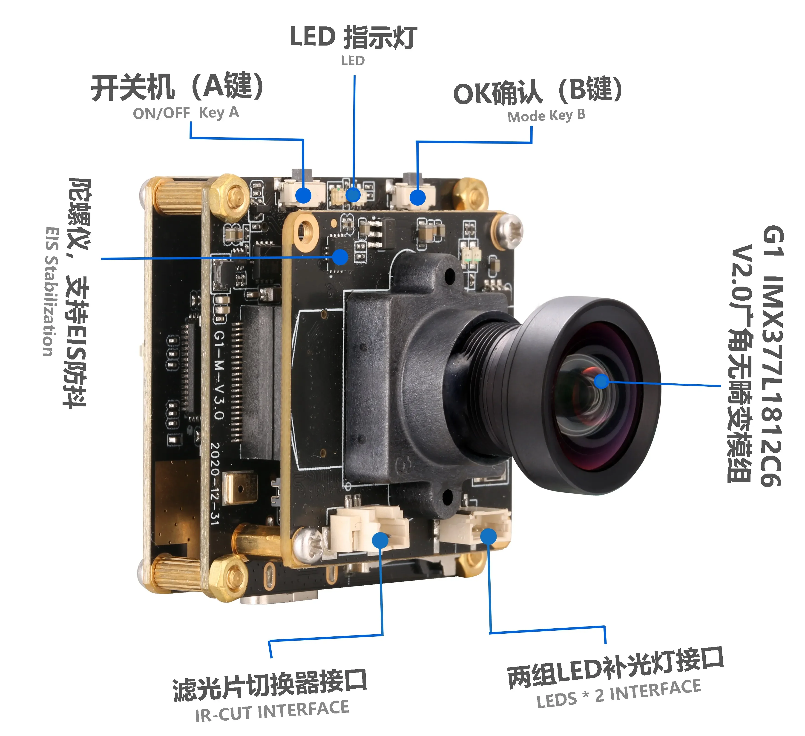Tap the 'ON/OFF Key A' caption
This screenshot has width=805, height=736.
(x=186, y=113)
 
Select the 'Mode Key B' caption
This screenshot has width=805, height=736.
(x=546, y=116)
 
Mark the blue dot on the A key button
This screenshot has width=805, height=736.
(x=303, y=195)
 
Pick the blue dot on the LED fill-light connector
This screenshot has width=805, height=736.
(x=488, y=536)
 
